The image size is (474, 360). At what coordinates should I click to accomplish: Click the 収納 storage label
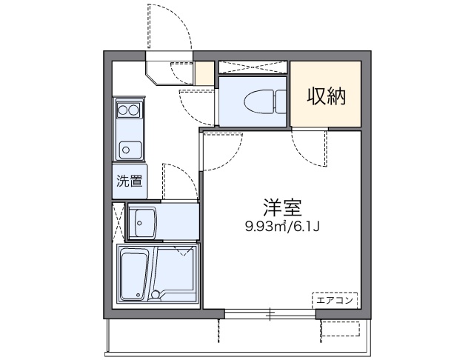click(327, 96)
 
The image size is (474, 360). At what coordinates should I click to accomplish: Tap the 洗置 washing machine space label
click(129, 180)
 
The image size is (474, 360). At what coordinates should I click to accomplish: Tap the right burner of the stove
click(135, 110)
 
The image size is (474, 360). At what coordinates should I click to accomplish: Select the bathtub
click(134, 274)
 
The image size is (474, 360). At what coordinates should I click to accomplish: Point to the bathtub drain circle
click(156, 295)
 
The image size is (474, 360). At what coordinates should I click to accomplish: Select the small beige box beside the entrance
click(204, 73)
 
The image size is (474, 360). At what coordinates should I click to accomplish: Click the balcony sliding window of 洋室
click(270, 313)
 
